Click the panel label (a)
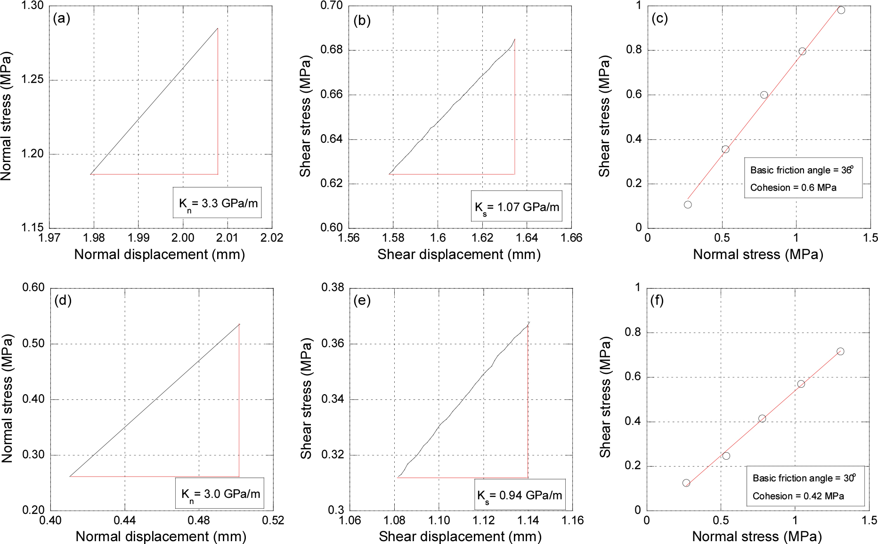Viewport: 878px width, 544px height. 62,18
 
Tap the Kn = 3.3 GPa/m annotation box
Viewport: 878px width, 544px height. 217,203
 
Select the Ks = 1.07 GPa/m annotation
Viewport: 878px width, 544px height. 516,206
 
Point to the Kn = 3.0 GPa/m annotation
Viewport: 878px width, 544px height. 219,493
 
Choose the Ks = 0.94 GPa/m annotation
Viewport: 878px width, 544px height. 520,495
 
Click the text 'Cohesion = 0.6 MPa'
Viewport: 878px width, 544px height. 793,187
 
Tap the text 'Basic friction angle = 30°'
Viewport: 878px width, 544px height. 804,478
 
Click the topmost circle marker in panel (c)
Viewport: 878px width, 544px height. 841,10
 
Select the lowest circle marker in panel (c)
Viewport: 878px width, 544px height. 688,204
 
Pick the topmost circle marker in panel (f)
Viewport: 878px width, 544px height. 840,351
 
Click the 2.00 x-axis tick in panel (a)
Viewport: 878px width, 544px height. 183,237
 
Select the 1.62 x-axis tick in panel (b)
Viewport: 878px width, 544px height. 482,237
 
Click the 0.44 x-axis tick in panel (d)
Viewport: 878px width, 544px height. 124,520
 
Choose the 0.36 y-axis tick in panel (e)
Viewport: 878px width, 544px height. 333,343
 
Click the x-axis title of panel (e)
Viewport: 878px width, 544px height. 460,536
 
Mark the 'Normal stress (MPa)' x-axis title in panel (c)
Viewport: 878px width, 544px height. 758,254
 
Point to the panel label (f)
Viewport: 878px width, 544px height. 657,300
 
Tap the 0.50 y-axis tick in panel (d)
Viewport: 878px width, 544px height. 33,343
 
